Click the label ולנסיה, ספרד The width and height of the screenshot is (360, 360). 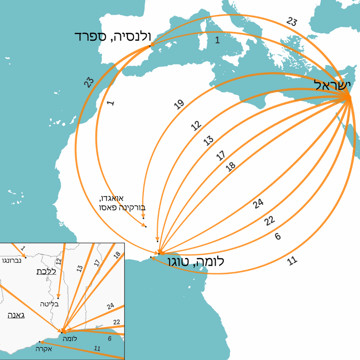tap(112, 36)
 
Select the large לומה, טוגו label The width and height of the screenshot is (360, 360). tap(196, 262)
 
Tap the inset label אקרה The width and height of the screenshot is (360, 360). tap(44, 349)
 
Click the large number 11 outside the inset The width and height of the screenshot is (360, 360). tap(292, 261)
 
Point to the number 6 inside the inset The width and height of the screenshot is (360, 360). tap(110, 339)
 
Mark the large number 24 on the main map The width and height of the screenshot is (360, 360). tap(258, 204)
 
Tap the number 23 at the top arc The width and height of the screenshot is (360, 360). tap(291, 22)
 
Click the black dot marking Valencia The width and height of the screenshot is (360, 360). tap(150, 46)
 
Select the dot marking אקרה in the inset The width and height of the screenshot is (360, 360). tap(39, 342)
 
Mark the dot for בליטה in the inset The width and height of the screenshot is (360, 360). tap(58, 298)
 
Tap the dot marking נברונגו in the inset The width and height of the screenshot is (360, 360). tap(26, 257)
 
